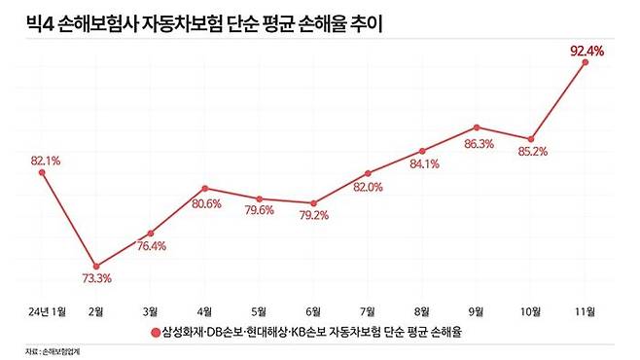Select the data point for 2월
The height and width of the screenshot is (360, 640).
(95, 266)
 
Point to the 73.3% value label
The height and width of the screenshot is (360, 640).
(95, 279)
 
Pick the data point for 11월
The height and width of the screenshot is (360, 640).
(585, 61)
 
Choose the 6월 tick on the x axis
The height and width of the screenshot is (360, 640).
(312, 310)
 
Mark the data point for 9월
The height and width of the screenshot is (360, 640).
(477, 126)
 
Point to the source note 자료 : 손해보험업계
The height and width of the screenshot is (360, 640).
(48, 350)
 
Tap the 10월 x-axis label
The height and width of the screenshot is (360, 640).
(530, 310)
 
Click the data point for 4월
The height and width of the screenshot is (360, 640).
(204, 188)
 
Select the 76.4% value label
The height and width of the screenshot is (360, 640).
(151, 246)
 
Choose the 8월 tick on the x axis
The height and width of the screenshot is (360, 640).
(422, 310)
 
